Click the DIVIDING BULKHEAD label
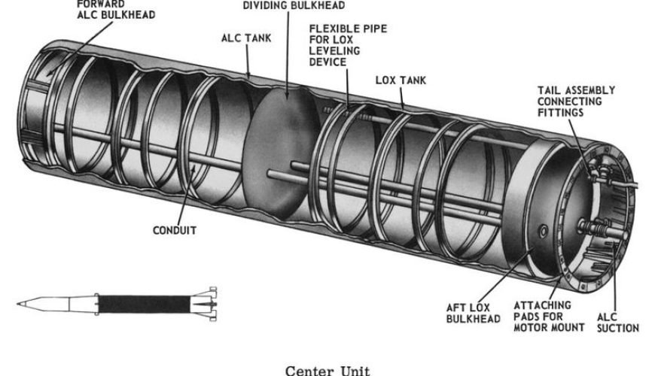(294, 5)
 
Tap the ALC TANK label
(246, 38)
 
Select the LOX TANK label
(401, 80)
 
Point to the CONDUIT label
(175, 230)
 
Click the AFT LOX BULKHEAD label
(474, 314)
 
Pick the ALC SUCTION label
(618, 323)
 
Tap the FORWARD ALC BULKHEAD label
(116, 10)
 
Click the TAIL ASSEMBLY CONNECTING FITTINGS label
(576, 102)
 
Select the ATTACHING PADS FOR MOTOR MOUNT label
(549, 317)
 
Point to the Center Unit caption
(327, 371)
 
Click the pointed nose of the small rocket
(18, 304)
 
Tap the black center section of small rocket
(144, 305)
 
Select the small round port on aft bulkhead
(544, 230)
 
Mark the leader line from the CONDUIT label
(187, 196)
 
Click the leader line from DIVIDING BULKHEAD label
(288, 55)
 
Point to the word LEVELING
(334, 51)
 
